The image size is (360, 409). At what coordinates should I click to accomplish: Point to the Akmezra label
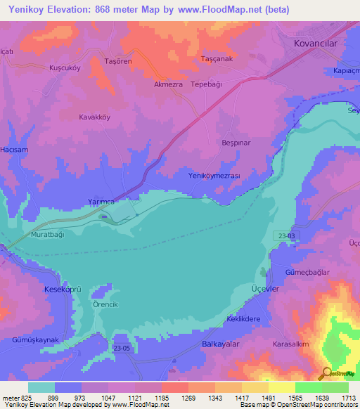pos(168,83)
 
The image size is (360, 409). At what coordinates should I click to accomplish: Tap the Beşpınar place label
pos(236,142)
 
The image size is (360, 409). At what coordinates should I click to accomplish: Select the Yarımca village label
pos(101,202)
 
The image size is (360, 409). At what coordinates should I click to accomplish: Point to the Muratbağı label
pos(47,235)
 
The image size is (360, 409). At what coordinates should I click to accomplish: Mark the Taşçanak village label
pos(217,59)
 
